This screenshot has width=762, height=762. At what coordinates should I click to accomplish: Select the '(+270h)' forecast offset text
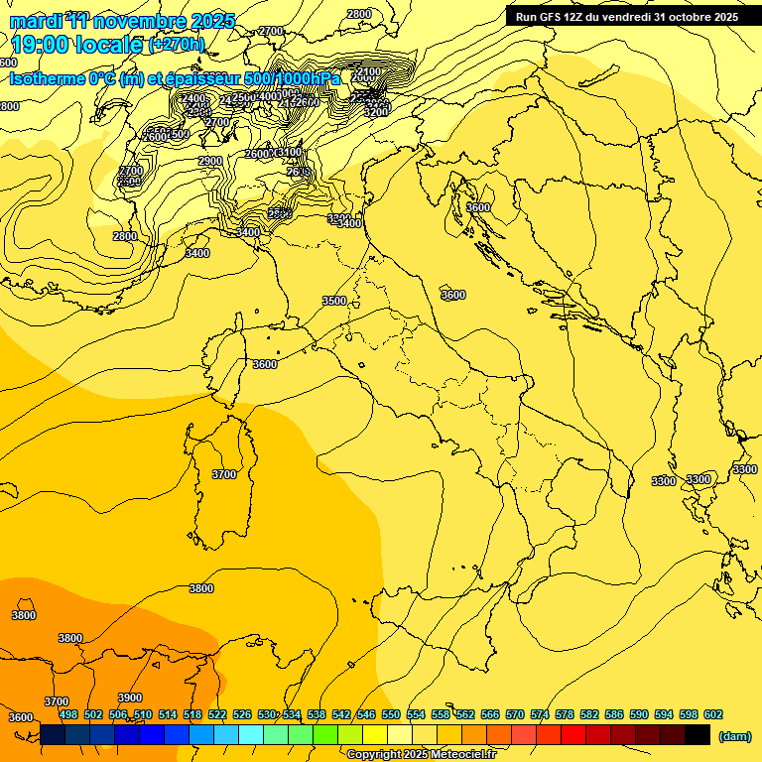tap(176, 44)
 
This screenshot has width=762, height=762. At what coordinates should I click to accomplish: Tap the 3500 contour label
tap(334, 301)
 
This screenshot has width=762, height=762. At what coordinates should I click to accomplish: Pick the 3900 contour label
tap(130, 698)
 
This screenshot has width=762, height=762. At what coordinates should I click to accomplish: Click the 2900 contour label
tap(210, 161)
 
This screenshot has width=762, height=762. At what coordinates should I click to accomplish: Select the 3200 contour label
tap(376, 112)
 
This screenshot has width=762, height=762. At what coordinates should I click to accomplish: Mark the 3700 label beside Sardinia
tap(224, 474)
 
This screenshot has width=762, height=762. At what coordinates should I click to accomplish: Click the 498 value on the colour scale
tap(68, 714)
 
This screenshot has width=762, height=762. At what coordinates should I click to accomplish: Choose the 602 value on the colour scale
tap(713, 714)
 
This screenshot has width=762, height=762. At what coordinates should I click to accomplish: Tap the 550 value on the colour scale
tap(391, 714)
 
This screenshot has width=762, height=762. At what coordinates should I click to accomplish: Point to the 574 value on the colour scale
tap(540, 714)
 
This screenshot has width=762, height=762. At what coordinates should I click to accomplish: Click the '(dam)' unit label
tap(735, 736)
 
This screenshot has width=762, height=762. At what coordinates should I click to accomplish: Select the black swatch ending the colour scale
tap(698, 734)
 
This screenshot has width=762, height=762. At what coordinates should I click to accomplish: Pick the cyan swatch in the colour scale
tap(251, 734)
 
